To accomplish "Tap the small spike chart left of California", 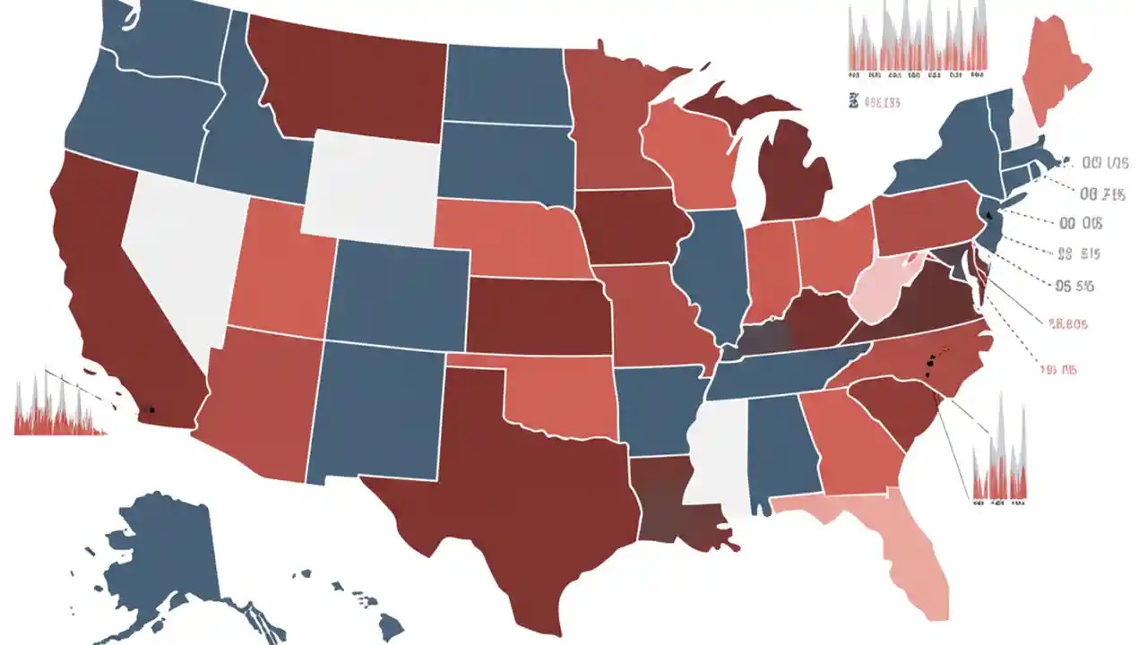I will [x=58, y=408].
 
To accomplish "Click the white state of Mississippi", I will [x=721, y=452].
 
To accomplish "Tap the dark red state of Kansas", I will [x=538, y=314].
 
